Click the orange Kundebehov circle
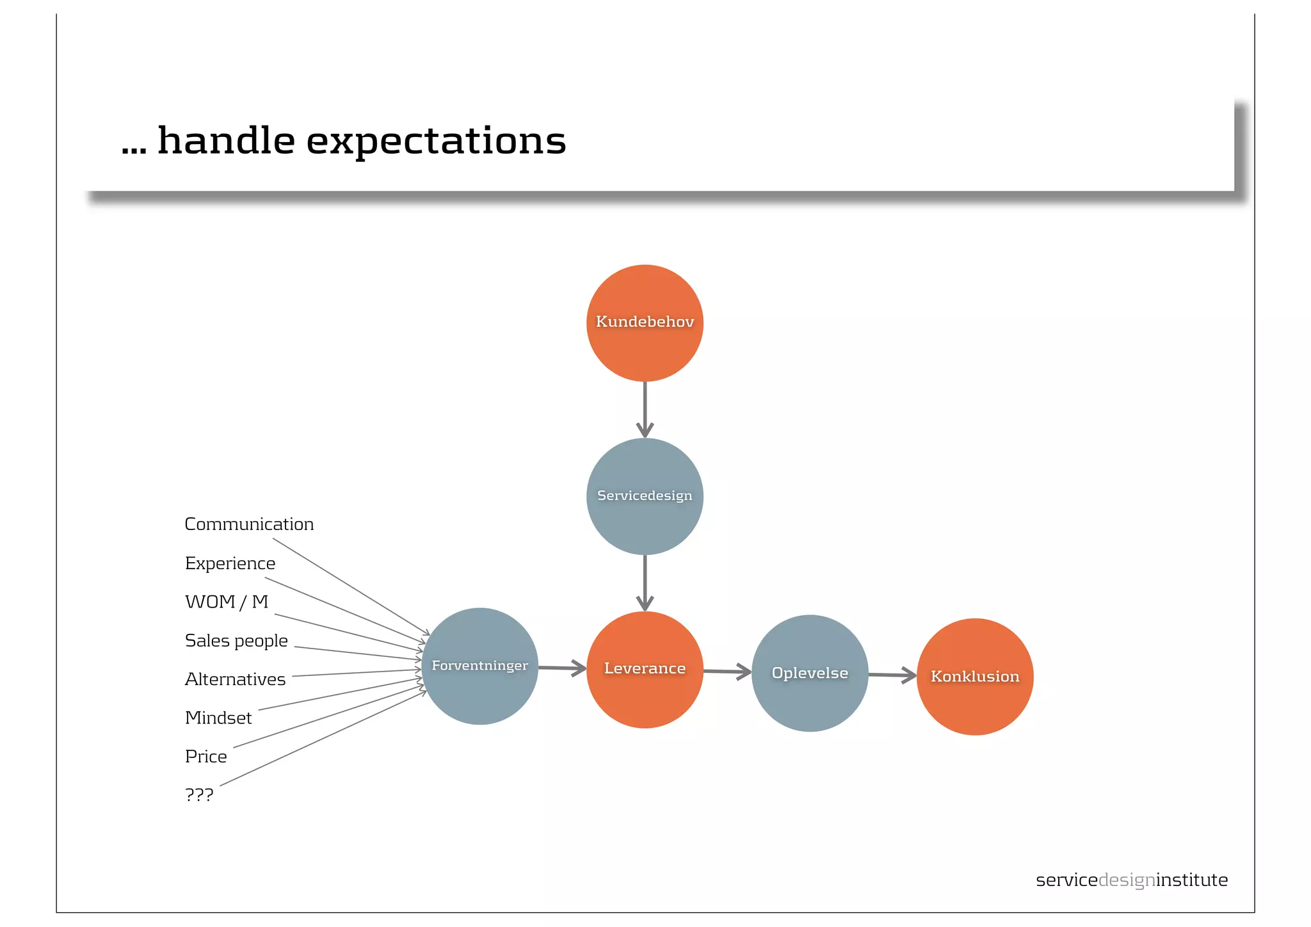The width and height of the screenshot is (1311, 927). tap(645, 323)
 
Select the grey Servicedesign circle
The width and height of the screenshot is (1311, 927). tap(645, 496)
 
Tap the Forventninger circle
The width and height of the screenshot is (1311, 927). tap(479, 666)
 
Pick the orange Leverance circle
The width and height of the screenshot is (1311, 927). tap(645, 669)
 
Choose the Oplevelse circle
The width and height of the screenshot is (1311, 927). tap(810, 673)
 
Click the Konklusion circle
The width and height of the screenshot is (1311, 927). tap(975, 677)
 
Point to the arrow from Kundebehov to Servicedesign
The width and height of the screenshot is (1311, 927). tap(645, 410)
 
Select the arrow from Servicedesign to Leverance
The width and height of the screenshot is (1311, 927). tap(645, 583)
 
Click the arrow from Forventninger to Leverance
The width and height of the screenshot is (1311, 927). tap(562, 668)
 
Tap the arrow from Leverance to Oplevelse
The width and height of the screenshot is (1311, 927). tap(727, 672)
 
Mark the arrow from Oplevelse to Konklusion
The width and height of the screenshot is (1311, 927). tap(892, 675)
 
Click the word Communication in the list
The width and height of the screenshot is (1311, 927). tap(249, 524)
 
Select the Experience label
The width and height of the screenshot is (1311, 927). tap(230, 563)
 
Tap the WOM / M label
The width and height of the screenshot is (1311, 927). tap(226, 602)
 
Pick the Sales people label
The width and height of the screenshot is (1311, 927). tap(236, 641)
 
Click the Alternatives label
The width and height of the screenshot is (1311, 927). tap(235, 679)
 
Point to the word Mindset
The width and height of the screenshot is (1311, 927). tap(218, 718)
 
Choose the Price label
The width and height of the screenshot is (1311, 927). tap(205, 757)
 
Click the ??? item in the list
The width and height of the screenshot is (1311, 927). tap(199, 795)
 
